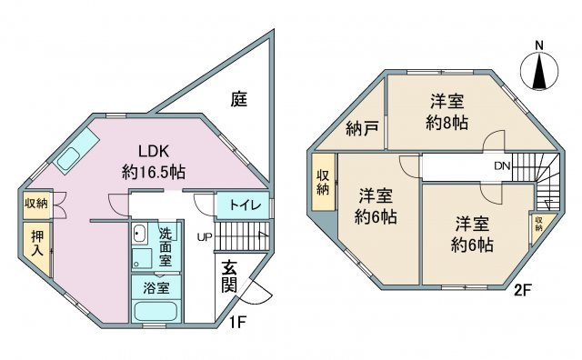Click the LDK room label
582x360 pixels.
pos(154,162)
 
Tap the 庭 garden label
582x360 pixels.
pos(238,99)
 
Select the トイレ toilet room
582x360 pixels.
pos(243,205)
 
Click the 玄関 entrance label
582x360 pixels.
pos(229,276)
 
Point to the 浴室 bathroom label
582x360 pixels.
pos(156,287)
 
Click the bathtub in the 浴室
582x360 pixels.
pos(156,312)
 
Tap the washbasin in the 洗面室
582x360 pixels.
pos(140,234)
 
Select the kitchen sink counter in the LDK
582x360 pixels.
pos(76,150)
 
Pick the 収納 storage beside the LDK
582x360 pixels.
pos(36,205)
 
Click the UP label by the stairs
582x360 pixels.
pos(204,237)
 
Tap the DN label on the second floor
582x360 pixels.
pos(502,165)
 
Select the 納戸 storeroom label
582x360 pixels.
pos(362,129)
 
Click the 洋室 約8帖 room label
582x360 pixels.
pos(447,112)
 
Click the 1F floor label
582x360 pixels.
pos(236,322)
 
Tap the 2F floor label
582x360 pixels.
pos(523,290)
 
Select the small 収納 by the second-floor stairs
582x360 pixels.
pos(538,225)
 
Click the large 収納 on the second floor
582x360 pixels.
pos(324,183)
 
